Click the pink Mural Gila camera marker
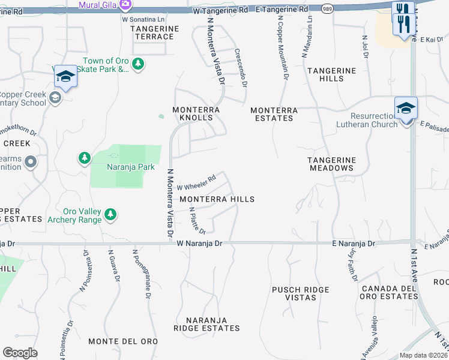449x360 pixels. coord(125,5)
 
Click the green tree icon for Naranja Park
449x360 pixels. coord(84,158)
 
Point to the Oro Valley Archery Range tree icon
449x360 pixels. coord(110,214)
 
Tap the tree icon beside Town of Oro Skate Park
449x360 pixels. coord(138,64)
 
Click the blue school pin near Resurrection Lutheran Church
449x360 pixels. coord(406,109)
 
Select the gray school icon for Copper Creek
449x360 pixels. coord(55,98)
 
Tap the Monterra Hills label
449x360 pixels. coord(217,199)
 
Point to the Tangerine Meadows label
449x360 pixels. coord(331,164)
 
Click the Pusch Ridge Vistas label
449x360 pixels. coord(301,294)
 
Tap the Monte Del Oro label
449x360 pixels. coord(123,341)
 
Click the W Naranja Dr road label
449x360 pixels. coord(200,244)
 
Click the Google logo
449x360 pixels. coord(20,353)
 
